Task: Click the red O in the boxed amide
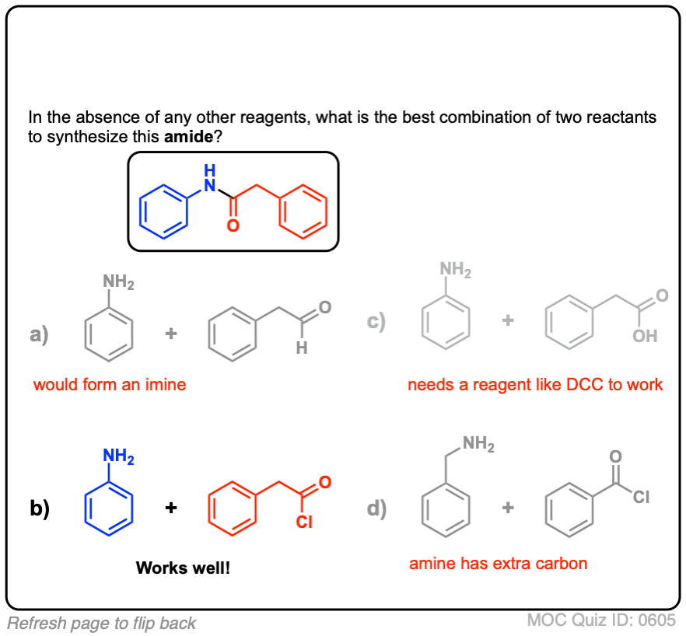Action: click(232, 226)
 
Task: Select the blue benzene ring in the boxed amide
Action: click(164, 211)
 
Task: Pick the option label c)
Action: click(378, 321)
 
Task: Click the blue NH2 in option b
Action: click(118, 457)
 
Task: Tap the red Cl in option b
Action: click(303, 522)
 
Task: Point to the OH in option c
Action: click(645, 336)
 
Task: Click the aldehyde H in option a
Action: click(302, 349)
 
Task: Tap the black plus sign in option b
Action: click(171, 508)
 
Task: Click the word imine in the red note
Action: click(164, 384)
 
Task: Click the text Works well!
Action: click(183, 568)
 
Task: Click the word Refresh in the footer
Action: click(34, 623)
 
